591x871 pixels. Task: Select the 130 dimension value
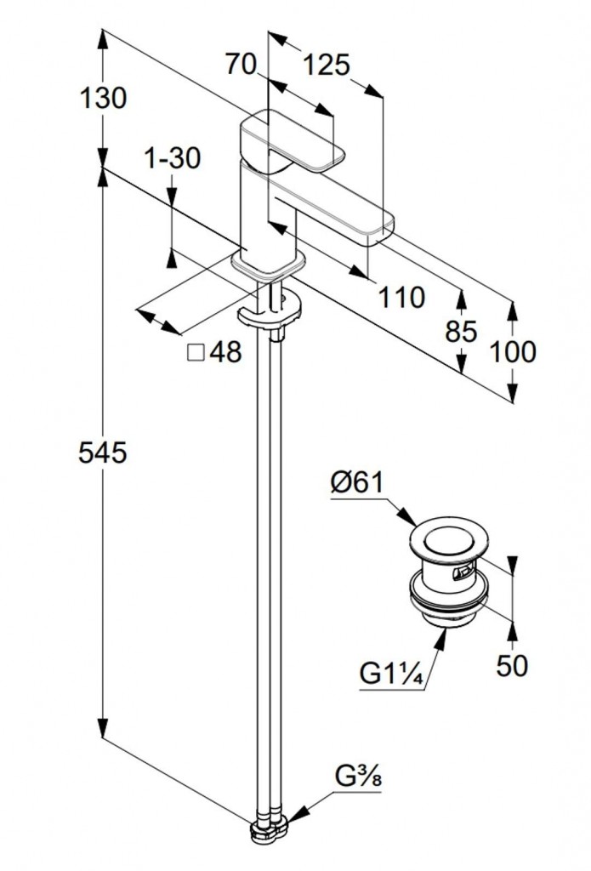(x=103, y=99)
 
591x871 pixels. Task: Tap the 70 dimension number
(x=242, y=65)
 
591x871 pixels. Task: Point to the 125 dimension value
(x=327, y=65)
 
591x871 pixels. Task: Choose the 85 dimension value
(x=461, y=331)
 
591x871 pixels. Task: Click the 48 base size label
(x=225, y=351)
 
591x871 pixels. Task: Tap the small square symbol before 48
(x=195, y=351)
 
